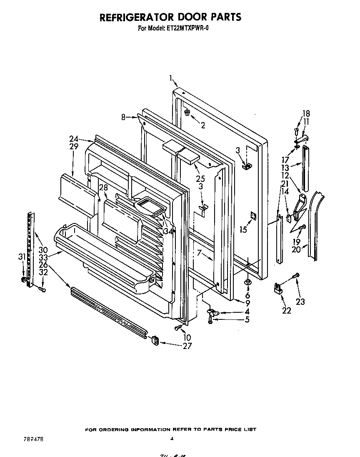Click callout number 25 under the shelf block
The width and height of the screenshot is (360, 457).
pyautogui.click(x=200, y=179)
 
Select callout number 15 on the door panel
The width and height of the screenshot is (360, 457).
pyautogui.click(x=243, y=229)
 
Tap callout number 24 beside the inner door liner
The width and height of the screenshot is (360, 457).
pyautogui.click(x=74, y=139)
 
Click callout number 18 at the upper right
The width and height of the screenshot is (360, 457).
pyautogui.click(x=306, y=113)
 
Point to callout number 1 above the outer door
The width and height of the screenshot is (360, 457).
pyautogui.click(x=171, y=77)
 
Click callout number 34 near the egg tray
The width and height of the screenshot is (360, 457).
pyautogui.click(x=168, y=231)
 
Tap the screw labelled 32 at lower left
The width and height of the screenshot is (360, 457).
pyautogui.click(x=42, y=288)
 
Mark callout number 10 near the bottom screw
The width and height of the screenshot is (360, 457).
pyautogui.click(x=187, y=336)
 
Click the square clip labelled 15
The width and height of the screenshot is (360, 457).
pyautogui.click(x=253, y=215)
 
